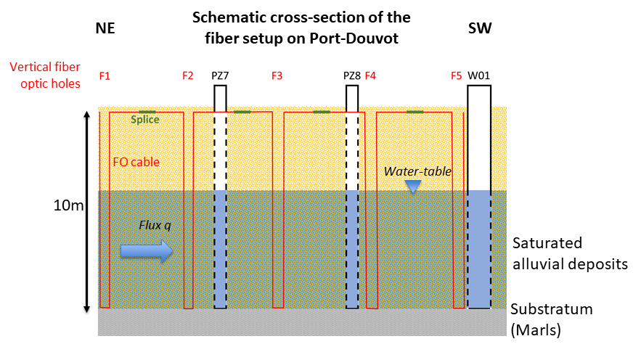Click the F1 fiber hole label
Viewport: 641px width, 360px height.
[x=105, y=75]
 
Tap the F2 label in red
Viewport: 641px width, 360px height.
[x=188, y=75]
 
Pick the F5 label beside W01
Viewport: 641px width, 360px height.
[x=456, y=75]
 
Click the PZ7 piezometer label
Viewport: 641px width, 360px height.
[x=220, y=75]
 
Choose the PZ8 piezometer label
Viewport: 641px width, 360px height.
[x=352, y=75]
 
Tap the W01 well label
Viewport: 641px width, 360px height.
[x=478, y=75]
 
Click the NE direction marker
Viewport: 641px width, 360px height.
[x=105, y=28]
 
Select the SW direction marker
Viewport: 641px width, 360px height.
[x=479, y=28]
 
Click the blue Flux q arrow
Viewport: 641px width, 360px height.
[x=146, y=251]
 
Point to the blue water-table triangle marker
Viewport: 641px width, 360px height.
[x=413, y=187]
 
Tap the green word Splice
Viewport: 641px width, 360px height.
[x=144, y=120]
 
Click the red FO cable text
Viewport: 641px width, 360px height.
[x=136, y=162]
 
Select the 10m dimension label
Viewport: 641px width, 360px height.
[x=70, y=205]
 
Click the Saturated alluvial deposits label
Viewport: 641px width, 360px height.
[x=569, y=253]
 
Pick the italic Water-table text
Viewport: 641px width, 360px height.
[x=417, y=171]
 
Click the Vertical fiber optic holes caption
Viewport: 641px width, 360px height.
[x=45, y=75]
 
